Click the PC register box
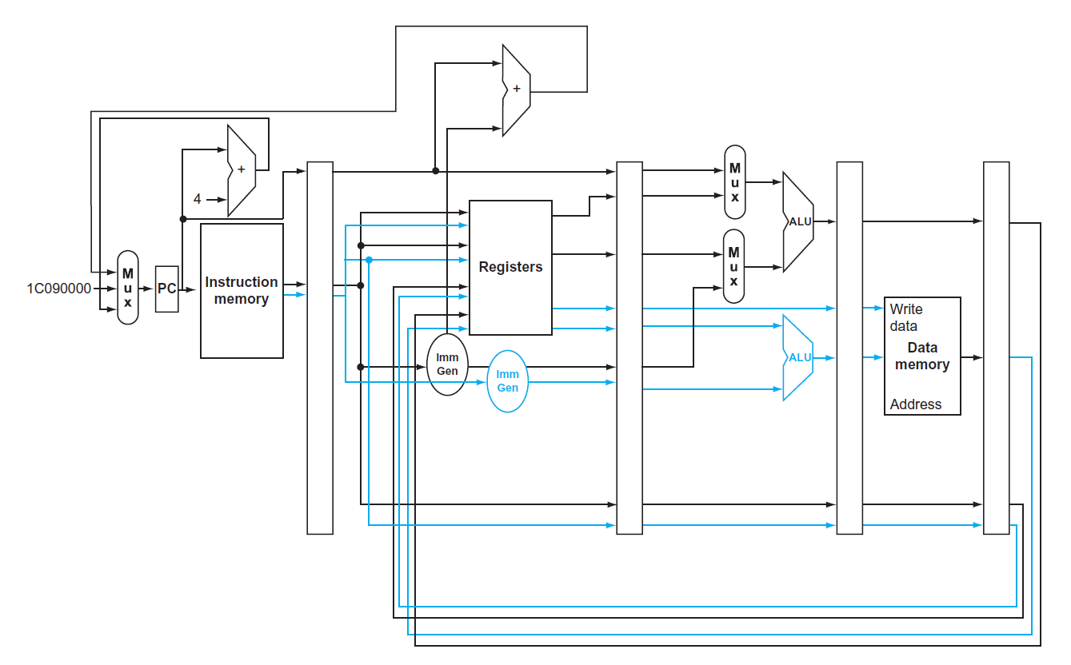pos(166,289)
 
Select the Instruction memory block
pos(242,291)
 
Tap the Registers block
pos(510,267)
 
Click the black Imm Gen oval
pos(447,364)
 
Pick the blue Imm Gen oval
pos(508,381)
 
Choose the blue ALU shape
pos(798,357)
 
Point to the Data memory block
pos(922,356)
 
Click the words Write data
pos(905,317)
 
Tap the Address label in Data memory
pos(915,404)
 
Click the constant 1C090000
pos(58,289)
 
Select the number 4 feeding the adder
pos(198,199)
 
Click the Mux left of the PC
pos(128,287)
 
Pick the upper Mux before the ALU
pos(734,182)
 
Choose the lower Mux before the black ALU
pos(734,266)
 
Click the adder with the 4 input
pos(241,170)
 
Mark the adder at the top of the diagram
pos(516,90)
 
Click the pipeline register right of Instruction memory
pos(320,348)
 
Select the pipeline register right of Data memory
pos(996,348)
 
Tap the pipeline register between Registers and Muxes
pos(629,348)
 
